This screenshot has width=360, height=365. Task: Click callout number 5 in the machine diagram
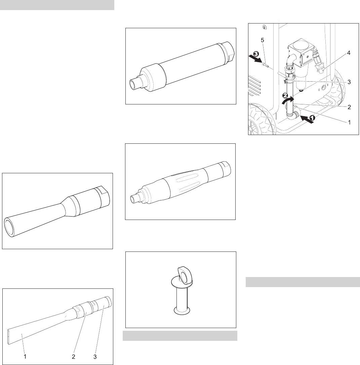coord(263,40)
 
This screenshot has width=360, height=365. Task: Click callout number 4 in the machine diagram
coord(349,53)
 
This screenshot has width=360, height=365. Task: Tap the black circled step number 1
coord(312,118)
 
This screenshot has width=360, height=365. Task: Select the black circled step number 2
coord(285,95)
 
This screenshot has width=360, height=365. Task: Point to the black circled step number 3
coord(256,54)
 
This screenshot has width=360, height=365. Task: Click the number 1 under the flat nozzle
coord(25,356)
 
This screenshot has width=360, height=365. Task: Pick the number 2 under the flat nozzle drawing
coord(73,356)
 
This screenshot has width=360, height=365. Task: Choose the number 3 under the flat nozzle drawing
coord(95,356)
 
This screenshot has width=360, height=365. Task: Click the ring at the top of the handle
coord(185,276)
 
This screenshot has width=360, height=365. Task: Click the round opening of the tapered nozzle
coord(9,226)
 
